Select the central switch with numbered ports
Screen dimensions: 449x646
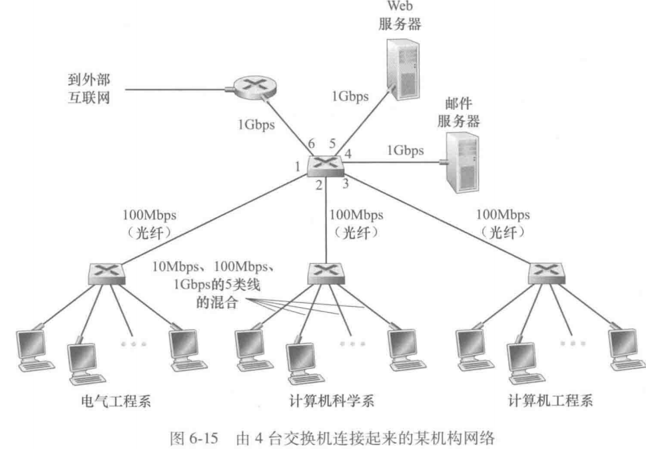tap(326, 163)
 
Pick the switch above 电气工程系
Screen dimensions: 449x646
tap(106, 271)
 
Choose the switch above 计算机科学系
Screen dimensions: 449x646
tap(325, 271)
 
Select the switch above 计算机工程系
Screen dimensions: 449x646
tap(544, 271)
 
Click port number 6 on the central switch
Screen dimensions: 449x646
tap(309, 145)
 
